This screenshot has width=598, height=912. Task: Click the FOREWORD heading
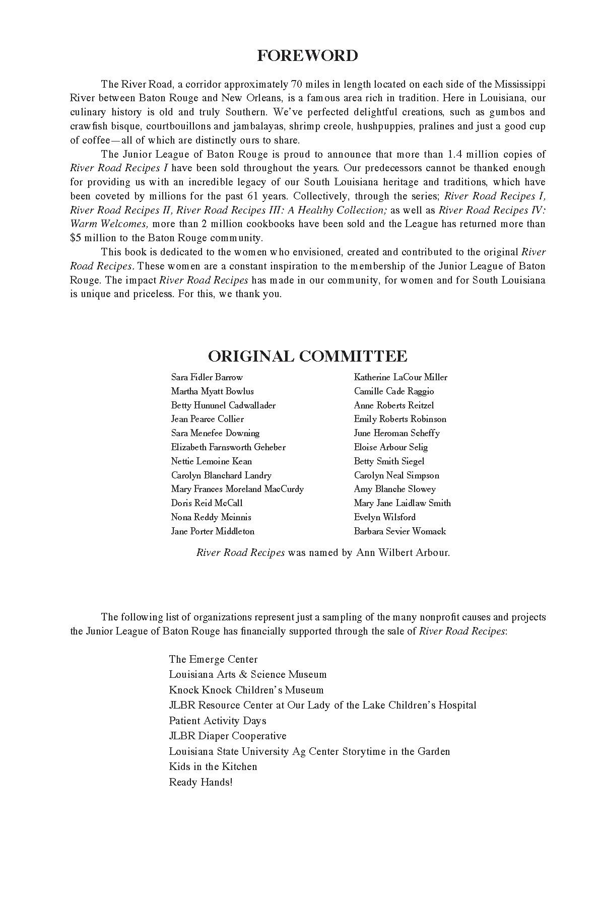[x=307, y=55]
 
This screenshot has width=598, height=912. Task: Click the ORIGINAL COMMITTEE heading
[x=307, y=356]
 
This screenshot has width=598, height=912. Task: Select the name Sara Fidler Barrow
[x=207, y=377]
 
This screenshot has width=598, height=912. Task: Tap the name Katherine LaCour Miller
[x=401, y=377]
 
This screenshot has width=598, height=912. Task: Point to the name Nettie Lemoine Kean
[x=211, y=461]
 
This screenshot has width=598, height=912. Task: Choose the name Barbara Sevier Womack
[x=400, y=531]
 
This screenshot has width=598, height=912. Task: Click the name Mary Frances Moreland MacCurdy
[x=237, y=489]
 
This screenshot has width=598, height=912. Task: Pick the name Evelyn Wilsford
[x=384, y=517]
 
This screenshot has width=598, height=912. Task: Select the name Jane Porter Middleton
[x=213, y=531]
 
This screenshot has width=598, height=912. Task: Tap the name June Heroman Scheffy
[x=396, y=433]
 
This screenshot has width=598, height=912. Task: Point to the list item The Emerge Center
[x=213, y=659]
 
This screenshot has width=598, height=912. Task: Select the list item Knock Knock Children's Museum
[x=246, y=690]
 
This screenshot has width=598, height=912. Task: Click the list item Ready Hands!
[x=201, y=782]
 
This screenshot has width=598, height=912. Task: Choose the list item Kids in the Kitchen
[x=213, y=766]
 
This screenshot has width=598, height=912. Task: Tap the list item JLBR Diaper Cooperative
[x=227, y=736]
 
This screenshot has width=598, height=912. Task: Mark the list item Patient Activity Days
[x=217, y=721]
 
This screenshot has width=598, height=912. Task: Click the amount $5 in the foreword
[x=76, y=238]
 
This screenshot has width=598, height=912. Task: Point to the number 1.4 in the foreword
[x=441, y=154]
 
